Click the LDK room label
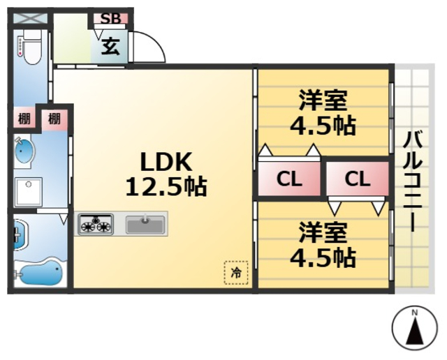[x=166, y=163]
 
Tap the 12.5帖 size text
[x=166, y=186]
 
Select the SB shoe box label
[x=110, y=19]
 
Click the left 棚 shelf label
[x=23, y=118]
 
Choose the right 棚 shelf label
[x=54, y=118]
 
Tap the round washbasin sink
[x=23, y=153]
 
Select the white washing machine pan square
[x=28, y=190]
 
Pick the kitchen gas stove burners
[x=95, y=225]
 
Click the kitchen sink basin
[x=145, y=225]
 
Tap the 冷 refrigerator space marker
[x=236, y=272]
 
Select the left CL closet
[x=289, y=179]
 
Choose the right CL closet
[x=356, y=179]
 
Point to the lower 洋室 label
[x=323, y=232]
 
